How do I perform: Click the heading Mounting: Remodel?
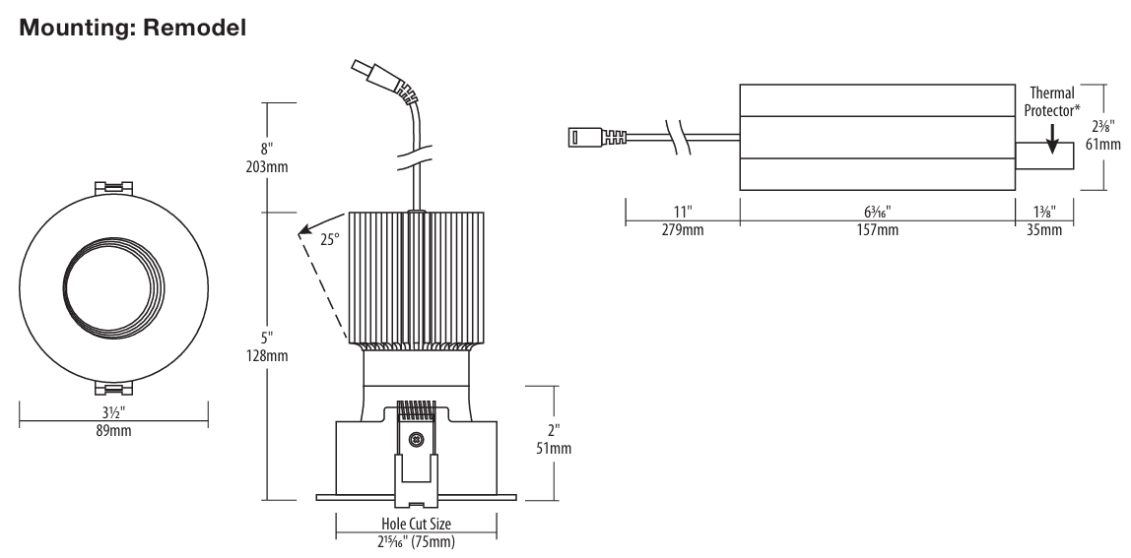pyautogui.click(x=132, y=28)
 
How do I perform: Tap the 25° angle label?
pyautogui.click(x=329, y=238)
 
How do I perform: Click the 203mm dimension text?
pyautogui.click(x=267, y=167)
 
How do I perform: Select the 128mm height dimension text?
pyautogui.click(x=267, y=355)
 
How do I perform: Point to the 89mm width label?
pyautogui.click(x=113, y=431)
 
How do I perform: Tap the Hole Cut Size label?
pyautogui.click(x=416, y=525)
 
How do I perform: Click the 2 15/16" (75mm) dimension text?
pyautogui.click(x=416, y=541)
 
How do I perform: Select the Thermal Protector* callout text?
pyautogui.click(x=1051, y=101)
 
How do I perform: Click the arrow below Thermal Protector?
pyautogui.click(x=1052, y=139)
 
